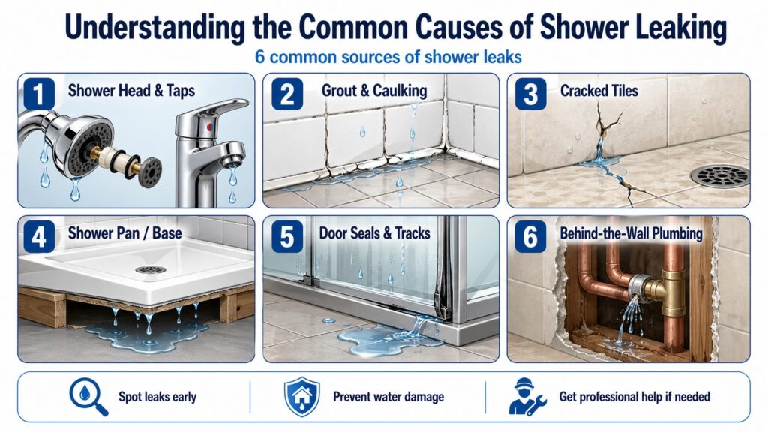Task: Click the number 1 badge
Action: [x=39, y=94]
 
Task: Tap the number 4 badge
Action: [x=39, y=236]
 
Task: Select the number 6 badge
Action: [x=530, y=236]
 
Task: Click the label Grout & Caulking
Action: [x=374, y=91]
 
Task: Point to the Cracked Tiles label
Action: [x=599, y=91]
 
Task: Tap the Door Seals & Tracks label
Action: [x=375, y=233]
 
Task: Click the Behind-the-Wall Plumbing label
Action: [x=631, y=233]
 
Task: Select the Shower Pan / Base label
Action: [x=125, y=233]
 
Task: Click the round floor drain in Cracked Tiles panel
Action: [x=720, y=175]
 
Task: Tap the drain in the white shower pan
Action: [x=150, y=269]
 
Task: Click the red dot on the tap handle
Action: [x=210, y=127]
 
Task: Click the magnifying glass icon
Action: [x=88, y=397]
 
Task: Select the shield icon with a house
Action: [x=302, y=397]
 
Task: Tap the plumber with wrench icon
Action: [x=527, y=397]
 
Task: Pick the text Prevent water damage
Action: [x=388, y=397]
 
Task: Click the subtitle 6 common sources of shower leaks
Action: [x=388, y=57]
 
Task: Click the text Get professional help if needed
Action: [x=634, y=397]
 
